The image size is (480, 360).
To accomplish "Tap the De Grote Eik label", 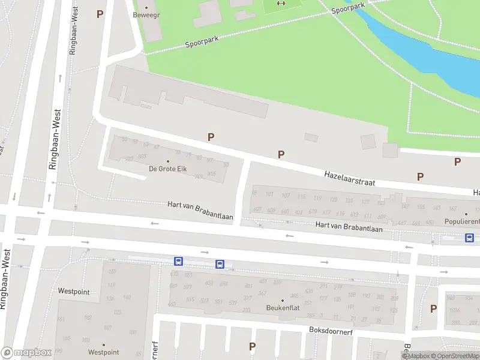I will click(x=168, y=169).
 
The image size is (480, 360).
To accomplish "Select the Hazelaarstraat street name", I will click(x=350, y=177).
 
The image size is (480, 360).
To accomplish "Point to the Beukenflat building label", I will click(x=283, y=308).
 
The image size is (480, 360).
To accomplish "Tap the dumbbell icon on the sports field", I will click(x=281, y=4).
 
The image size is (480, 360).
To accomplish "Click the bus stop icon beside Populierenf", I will click(x=469, y=238).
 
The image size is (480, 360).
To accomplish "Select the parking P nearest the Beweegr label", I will click(x=100, y=14).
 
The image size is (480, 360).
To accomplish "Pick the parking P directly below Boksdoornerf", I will click(x=253, y=346).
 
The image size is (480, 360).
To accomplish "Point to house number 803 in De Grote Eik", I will click(x=142, y=156).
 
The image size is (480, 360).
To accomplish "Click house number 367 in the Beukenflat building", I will click(x=262, y=293).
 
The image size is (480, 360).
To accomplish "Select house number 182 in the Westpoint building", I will click(x=88, y=317).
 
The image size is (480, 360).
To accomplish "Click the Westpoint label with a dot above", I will click(x=103, y=352).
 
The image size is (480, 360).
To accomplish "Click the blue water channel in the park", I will click(x=420, y=54).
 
